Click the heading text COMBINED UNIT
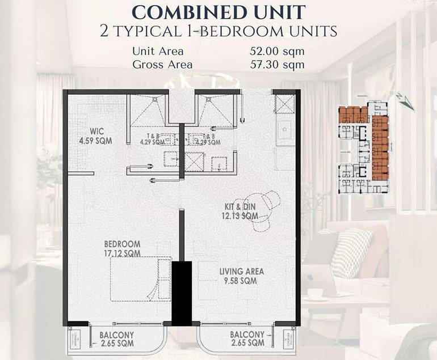(218, 11)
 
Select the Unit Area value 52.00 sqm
(276, 51)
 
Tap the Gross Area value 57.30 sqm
(276, 65)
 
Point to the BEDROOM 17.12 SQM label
(122, 248)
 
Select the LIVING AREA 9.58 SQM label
(241, 276)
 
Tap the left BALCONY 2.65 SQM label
(117, 339)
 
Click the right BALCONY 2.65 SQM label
(247, 339)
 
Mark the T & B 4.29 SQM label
(153, 139)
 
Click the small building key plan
(363, 148)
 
